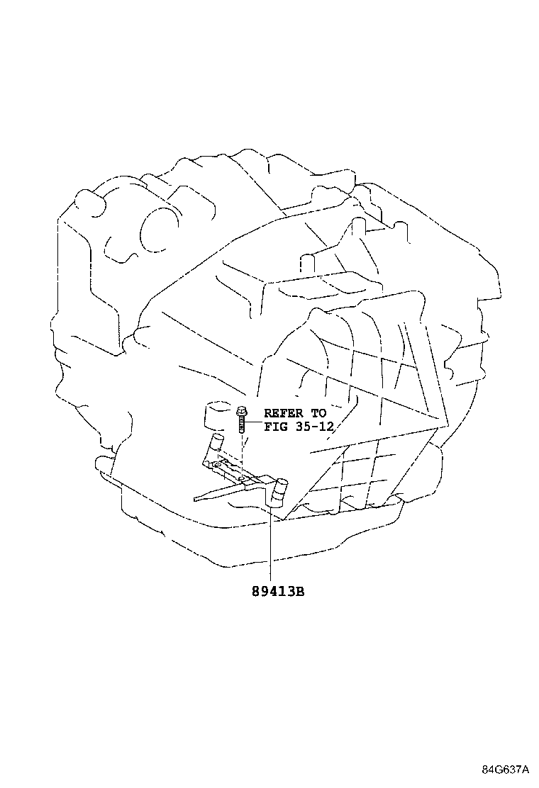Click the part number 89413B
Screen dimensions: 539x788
coord(278,592)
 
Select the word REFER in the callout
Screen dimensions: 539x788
coord(284,414)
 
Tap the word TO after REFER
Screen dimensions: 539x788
coord(318,414)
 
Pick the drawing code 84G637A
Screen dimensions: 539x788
coord(505,770)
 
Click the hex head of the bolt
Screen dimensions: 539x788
coord(241,410)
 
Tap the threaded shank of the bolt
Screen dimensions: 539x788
coord(241,424)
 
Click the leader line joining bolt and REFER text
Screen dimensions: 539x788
coord(254,422)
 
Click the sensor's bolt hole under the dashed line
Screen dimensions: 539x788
coord(241,478)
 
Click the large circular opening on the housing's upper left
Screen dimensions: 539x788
coord(160,230)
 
